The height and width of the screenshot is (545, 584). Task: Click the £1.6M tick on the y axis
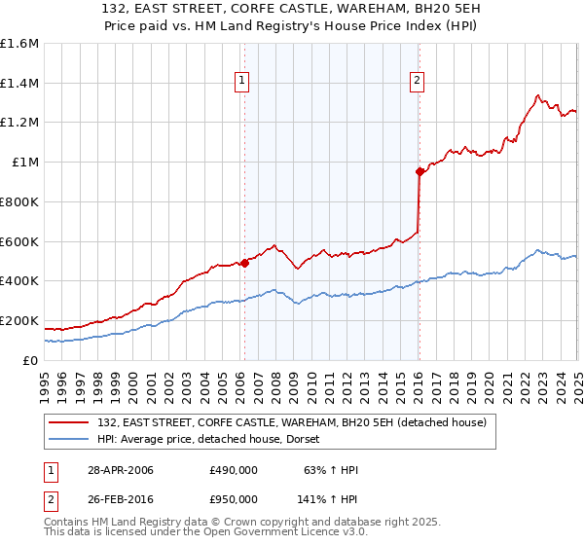click(19, 44)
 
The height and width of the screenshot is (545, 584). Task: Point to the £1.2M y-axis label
click(19, 123)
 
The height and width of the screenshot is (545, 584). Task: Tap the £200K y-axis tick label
click(19, 320)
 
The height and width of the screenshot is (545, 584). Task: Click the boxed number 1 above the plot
click(240, 82)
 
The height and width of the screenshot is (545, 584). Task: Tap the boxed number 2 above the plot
click(417, 82)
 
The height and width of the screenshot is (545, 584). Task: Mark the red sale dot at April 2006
click(245, 262)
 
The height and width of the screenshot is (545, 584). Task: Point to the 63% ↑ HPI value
click(327, 470)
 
